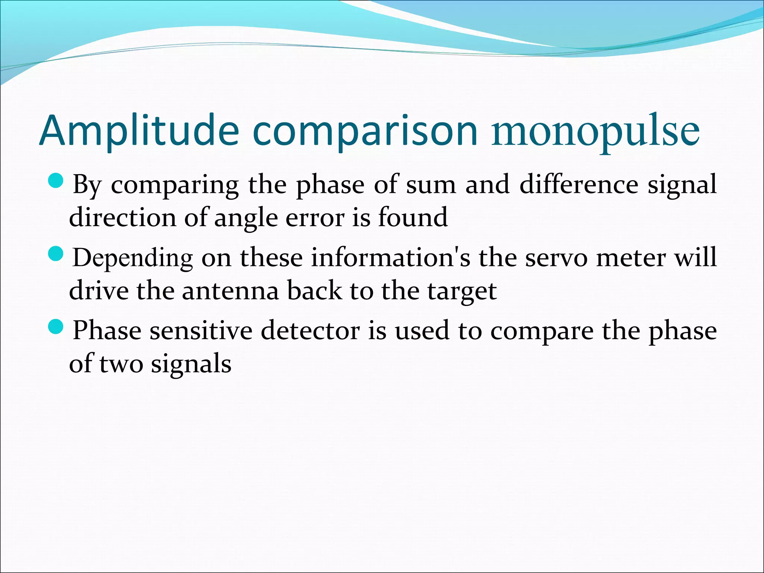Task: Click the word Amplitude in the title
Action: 139,131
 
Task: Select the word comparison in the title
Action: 365,131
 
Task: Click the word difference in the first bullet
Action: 579,184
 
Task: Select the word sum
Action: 431,184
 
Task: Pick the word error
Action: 315,217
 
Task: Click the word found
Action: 413,217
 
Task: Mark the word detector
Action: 310,331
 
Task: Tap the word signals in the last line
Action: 191,363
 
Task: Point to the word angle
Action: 246,217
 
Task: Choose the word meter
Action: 631,257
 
